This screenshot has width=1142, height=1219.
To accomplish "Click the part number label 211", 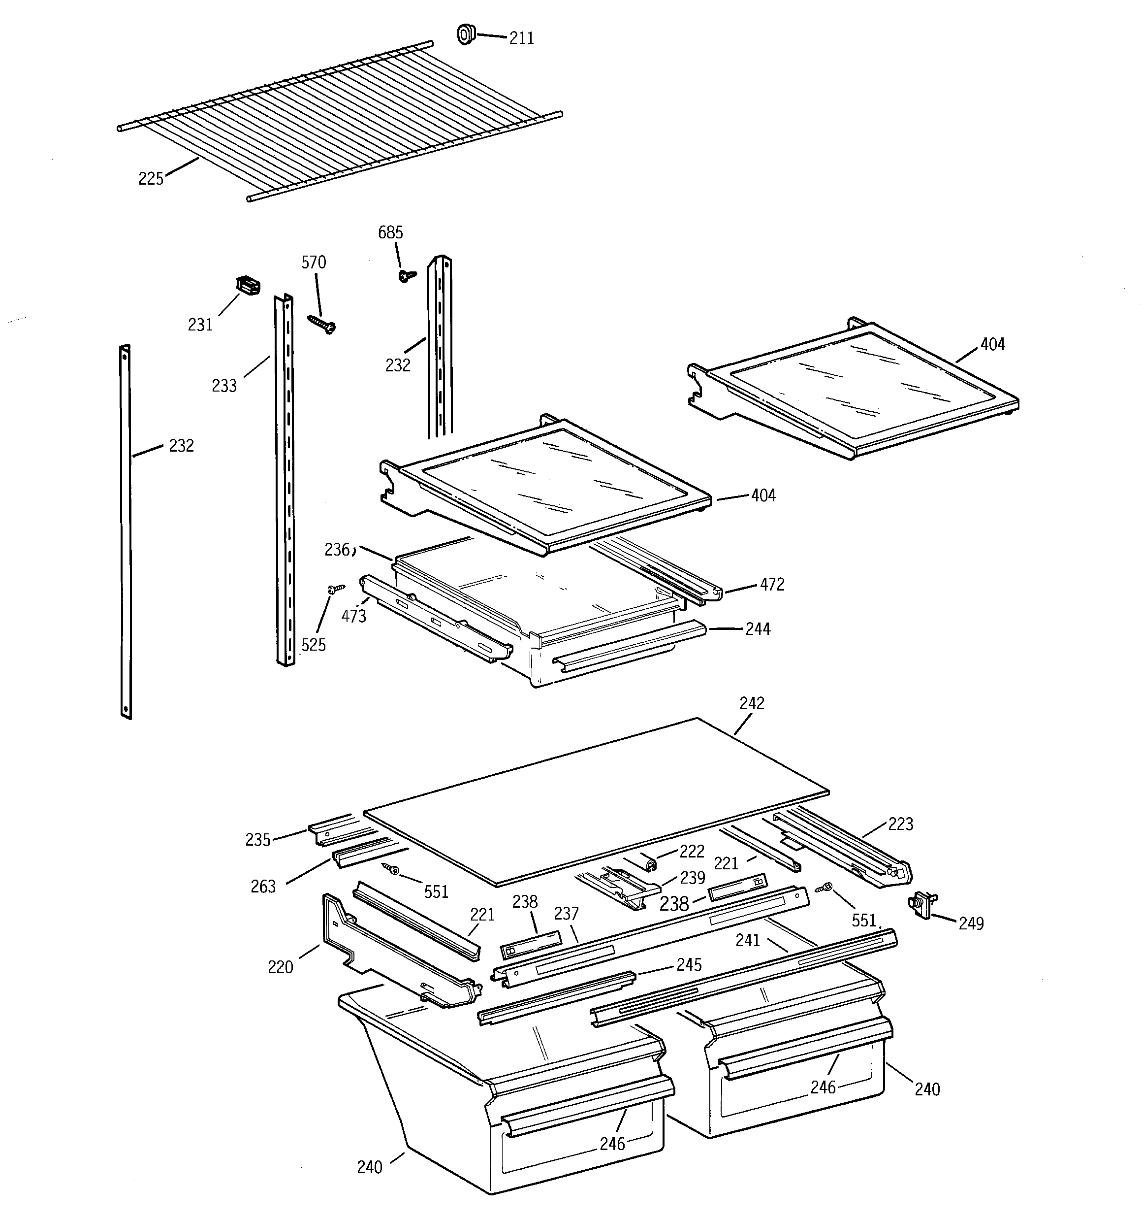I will pos(521,38).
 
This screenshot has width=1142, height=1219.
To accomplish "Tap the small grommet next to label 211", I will pos(467,34).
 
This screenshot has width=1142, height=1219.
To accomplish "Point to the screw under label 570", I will pos(322,325).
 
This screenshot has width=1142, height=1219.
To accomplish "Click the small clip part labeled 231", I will pos(248,285).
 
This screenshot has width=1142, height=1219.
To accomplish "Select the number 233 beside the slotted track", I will pos(224,386).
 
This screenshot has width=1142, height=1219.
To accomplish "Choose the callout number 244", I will pos(758,629).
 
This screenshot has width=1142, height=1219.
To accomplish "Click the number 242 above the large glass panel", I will pos(752,704).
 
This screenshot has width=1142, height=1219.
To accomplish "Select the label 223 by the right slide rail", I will pos(900,824).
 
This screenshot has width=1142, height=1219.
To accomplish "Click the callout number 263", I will pos(263,887).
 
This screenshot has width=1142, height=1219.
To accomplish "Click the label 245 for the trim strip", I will pos(688,964).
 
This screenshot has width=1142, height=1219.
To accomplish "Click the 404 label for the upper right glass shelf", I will pos(992,345).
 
